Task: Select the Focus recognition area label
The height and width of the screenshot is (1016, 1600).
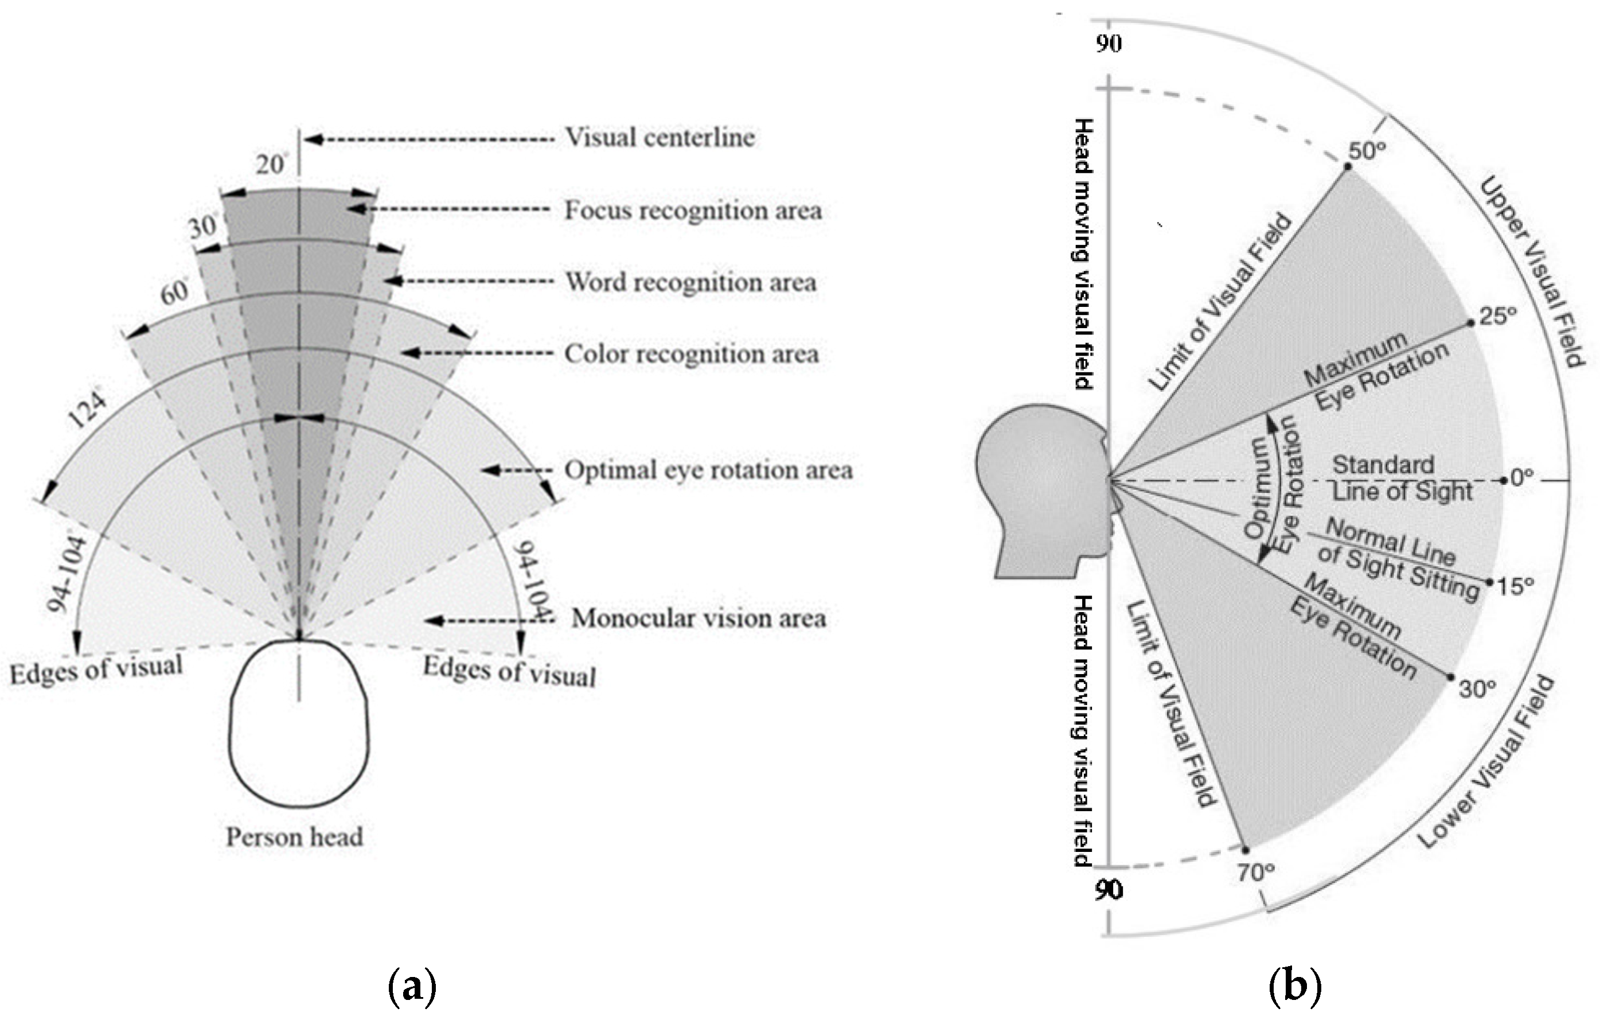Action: pyautogui.click(x=693, y=211)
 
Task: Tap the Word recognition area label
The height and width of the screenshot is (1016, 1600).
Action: pyautogui.click(x=690, y=282)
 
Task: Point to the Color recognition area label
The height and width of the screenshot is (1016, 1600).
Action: pyautogui.click(x=691, y=353)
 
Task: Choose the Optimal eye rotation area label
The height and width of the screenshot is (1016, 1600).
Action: pyautogui.click(x=708, y=470)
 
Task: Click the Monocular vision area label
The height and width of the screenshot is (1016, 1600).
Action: pyautogui.click(x=699, y=618)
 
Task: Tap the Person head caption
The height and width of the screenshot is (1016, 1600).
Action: pyautogui.click(x=294, y=836)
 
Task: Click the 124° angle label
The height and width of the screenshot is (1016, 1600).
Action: pyautogui.click(x=88, y=408)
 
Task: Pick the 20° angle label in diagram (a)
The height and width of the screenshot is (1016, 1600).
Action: pyautogui.click(x=271, y=164)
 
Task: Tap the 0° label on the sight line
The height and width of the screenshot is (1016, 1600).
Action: pyautogui.click(x=1521, y=477)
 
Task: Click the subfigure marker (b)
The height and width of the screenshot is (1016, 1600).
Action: pyautogui.click(x=1294, y=986)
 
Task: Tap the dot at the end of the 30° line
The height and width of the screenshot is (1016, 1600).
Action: pyautogui.click(x=1450, y=677)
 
